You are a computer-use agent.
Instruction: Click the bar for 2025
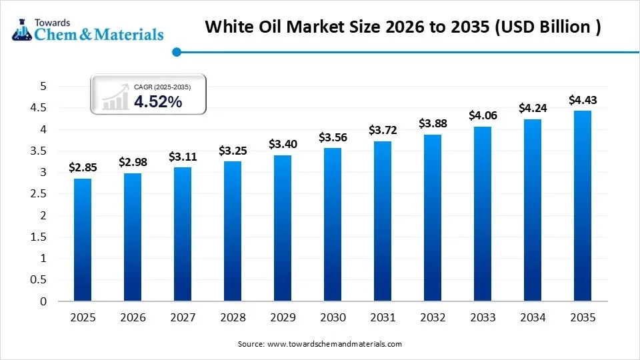click(x=83, y=240)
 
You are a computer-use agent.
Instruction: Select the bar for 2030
click(x=333, y=225)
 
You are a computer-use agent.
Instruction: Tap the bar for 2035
click(x=582, y=206)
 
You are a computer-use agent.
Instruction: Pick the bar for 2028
click(x=233, y=231)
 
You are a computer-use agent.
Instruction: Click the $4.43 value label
click(x=582, y=100)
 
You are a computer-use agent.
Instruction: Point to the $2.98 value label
click(x=133, y=162)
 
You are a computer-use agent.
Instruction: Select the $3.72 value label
click(x=383, y=130)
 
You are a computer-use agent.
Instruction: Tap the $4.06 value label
click(x=483, y=115)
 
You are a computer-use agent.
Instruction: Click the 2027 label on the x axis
click(x=183, y=317)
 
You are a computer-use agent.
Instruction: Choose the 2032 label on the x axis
click(x=433, y=317)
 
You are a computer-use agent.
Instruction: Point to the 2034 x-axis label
click(x=533, y=317)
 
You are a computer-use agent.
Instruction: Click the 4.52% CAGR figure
click(x=158, y=101)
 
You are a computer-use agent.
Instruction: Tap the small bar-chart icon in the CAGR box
click(x=115, y=97)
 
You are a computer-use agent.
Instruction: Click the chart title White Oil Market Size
click(x=403, y=27)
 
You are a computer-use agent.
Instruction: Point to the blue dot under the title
click(x=176, y=52)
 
